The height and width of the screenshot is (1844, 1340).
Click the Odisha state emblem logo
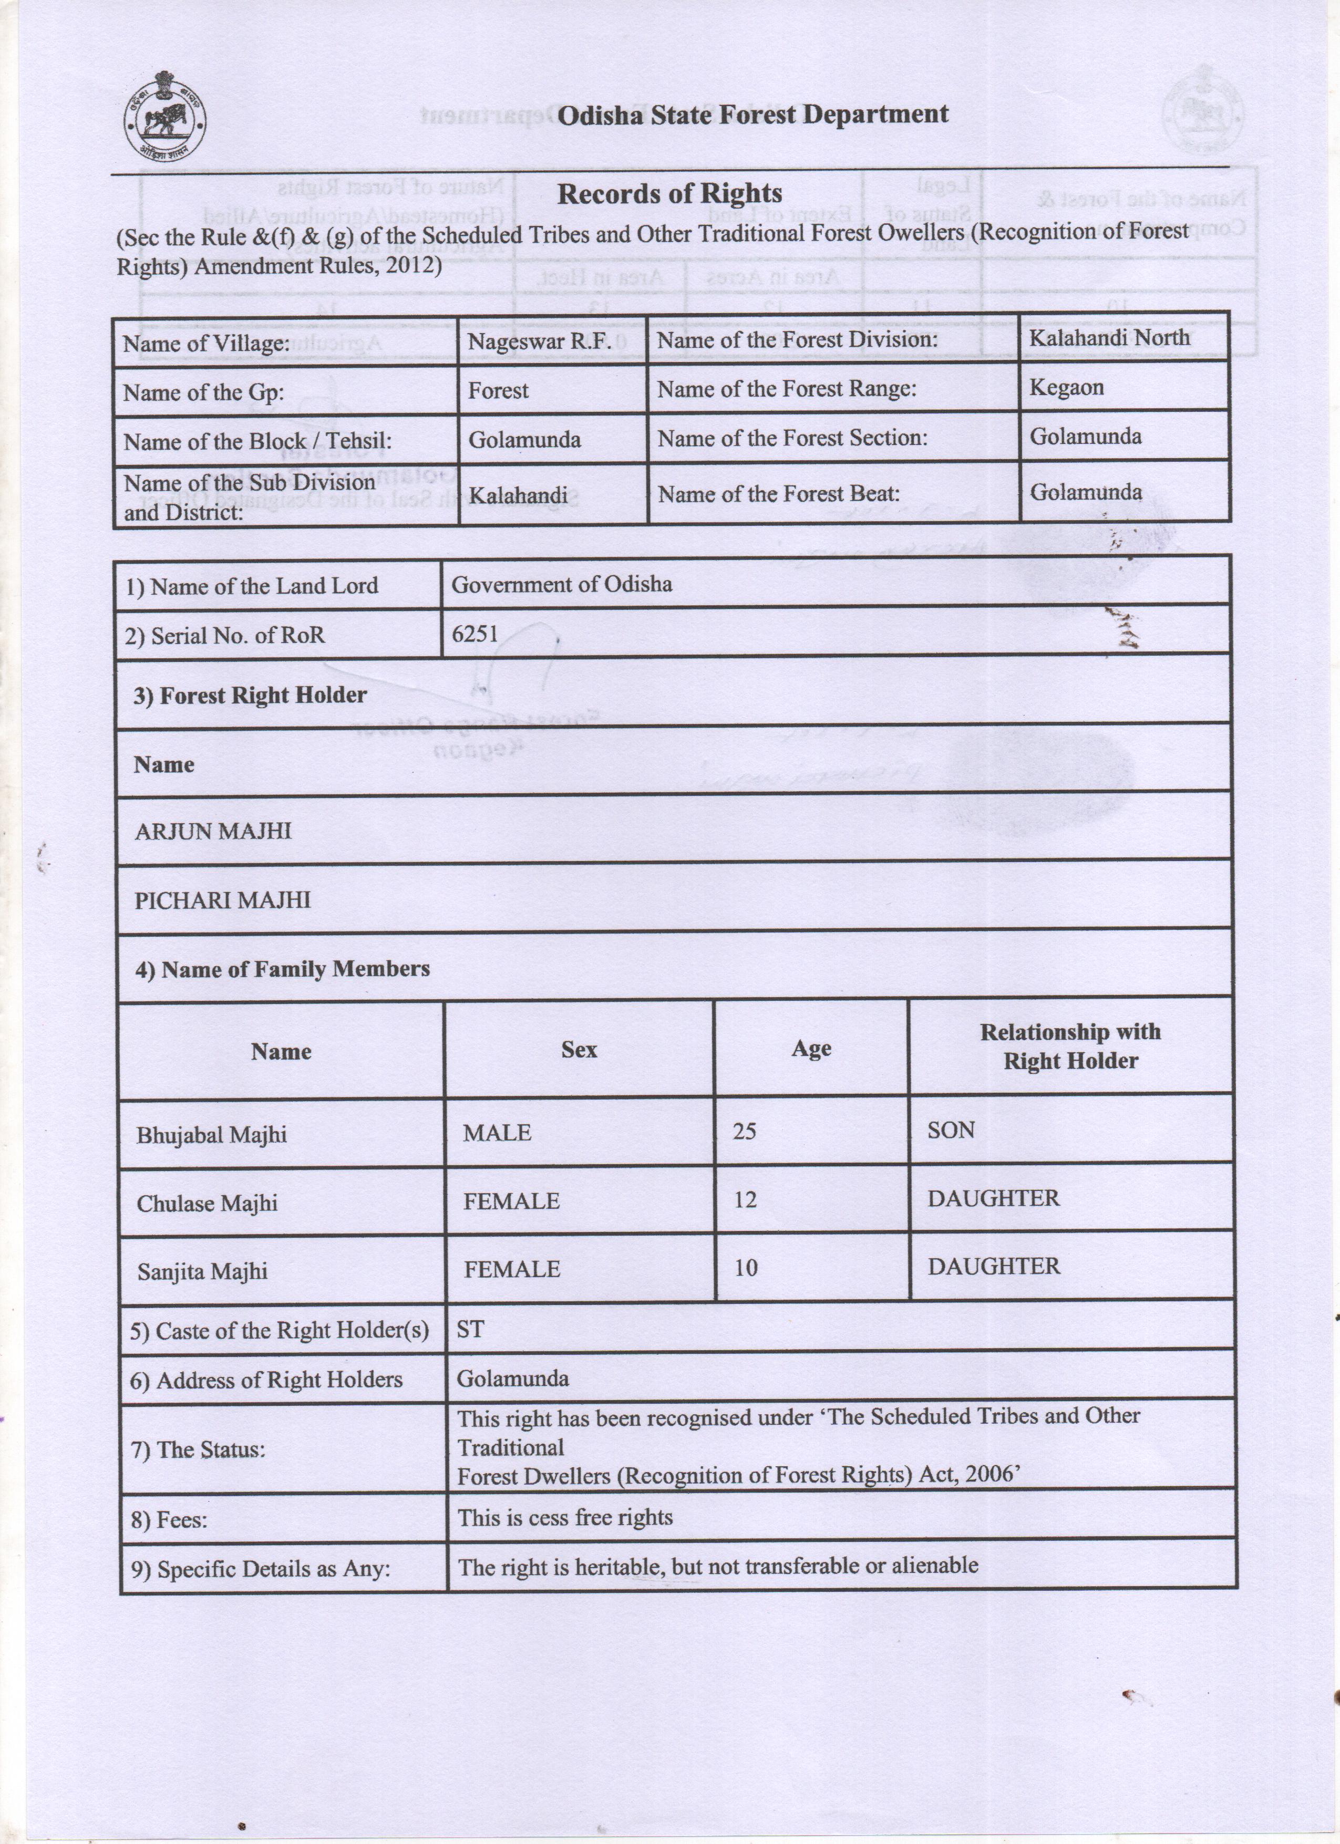coord(165,117)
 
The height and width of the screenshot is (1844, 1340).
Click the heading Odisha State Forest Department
coord(752,115)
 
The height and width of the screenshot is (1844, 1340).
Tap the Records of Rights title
coord(669,193)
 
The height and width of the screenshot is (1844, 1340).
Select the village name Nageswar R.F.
coord(539,341)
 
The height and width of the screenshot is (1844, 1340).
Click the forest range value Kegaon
coord(1067,387)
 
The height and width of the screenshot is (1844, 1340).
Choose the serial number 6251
coord(475,634)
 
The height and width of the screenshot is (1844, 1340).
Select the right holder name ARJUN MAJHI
coord(212,831)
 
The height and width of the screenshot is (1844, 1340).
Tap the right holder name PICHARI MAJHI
coord(222,900)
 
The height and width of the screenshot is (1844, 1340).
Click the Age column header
coord(811,1049)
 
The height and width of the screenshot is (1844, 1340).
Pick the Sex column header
coord(579,1050)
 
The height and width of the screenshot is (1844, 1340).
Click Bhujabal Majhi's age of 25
coord(744,1132)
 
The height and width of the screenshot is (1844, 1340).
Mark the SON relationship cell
coord(951,1130)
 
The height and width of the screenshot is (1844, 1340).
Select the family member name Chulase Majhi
coord(207,1203)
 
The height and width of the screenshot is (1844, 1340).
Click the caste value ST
coord(470,1329)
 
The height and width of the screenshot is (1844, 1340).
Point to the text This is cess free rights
coord(565,1517)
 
